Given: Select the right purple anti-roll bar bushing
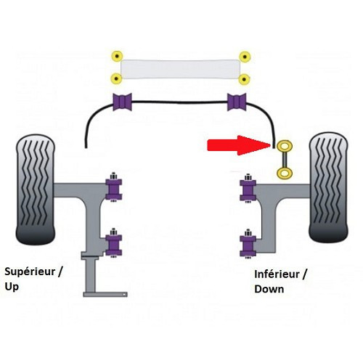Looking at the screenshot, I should coord(237,103).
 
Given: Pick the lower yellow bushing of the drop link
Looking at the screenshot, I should coord(282,173).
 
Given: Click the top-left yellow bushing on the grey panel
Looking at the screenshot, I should coord(115,56).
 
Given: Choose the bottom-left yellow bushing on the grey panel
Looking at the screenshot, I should coord(115,78).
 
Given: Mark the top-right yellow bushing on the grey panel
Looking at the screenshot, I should coord(245,56).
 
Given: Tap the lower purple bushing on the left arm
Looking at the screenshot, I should coord(113,244).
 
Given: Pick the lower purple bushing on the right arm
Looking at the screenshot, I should coord(248,245).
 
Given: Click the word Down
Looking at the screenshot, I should coord(269,289).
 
